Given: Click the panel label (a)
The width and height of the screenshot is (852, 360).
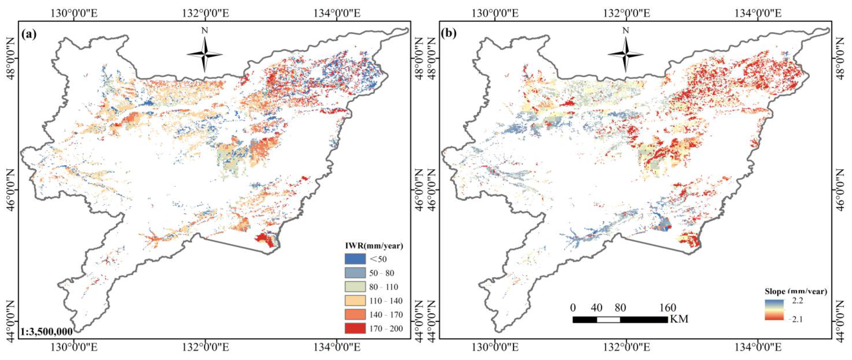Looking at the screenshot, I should click(29, 34).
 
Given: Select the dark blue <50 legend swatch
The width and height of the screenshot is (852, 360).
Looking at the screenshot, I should click(355, 259).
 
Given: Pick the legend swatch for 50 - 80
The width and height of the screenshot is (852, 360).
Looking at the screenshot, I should click(355, 273).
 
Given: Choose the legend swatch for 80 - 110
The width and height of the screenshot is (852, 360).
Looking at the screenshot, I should click(355, 287).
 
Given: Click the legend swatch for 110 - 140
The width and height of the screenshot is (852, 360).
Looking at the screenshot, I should click(355, 301).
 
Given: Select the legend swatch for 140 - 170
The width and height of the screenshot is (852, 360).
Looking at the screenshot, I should click(355, 314).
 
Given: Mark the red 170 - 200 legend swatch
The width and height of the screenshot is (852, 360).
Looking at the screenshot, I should click(355, 328).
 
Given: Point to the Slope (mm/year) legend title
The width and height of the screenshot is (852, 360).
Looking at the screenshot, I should click(795, 291).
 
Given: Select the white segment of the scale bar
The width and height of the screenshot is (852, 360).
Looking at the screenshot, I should click(608, 320).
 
